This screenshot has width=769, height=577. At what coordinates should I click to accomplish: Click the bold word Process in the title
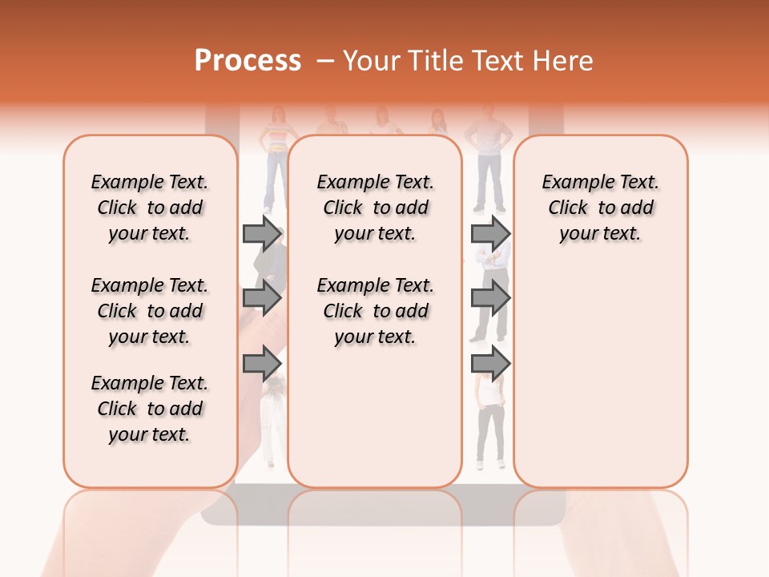(248, 61)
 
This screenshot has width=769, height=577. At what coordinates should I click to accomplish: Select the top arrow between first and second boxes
(262, 233)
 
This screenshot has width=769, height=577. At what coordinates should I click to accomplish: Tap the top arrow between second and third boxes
(490, 233)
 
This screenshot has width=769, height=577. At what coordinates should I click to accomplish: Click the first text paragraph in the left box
(150, 208)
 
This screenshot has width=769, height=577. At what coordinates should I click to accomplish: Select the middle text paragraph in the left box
(150, 311)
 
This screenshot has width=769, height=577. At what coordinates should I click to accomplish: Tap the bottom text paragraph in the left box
(150, 409)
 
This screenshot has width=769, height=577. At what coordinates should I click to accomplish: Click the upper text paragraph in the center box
(375, 208)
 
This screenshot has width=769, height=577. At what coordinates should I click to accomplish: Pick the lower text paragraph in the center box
(375, 311)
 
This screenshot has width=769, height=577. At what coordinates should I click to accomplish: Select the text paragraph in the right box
(600, 208)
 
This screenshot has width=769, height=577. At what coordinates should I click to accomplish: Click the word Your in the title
(368, 61)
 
